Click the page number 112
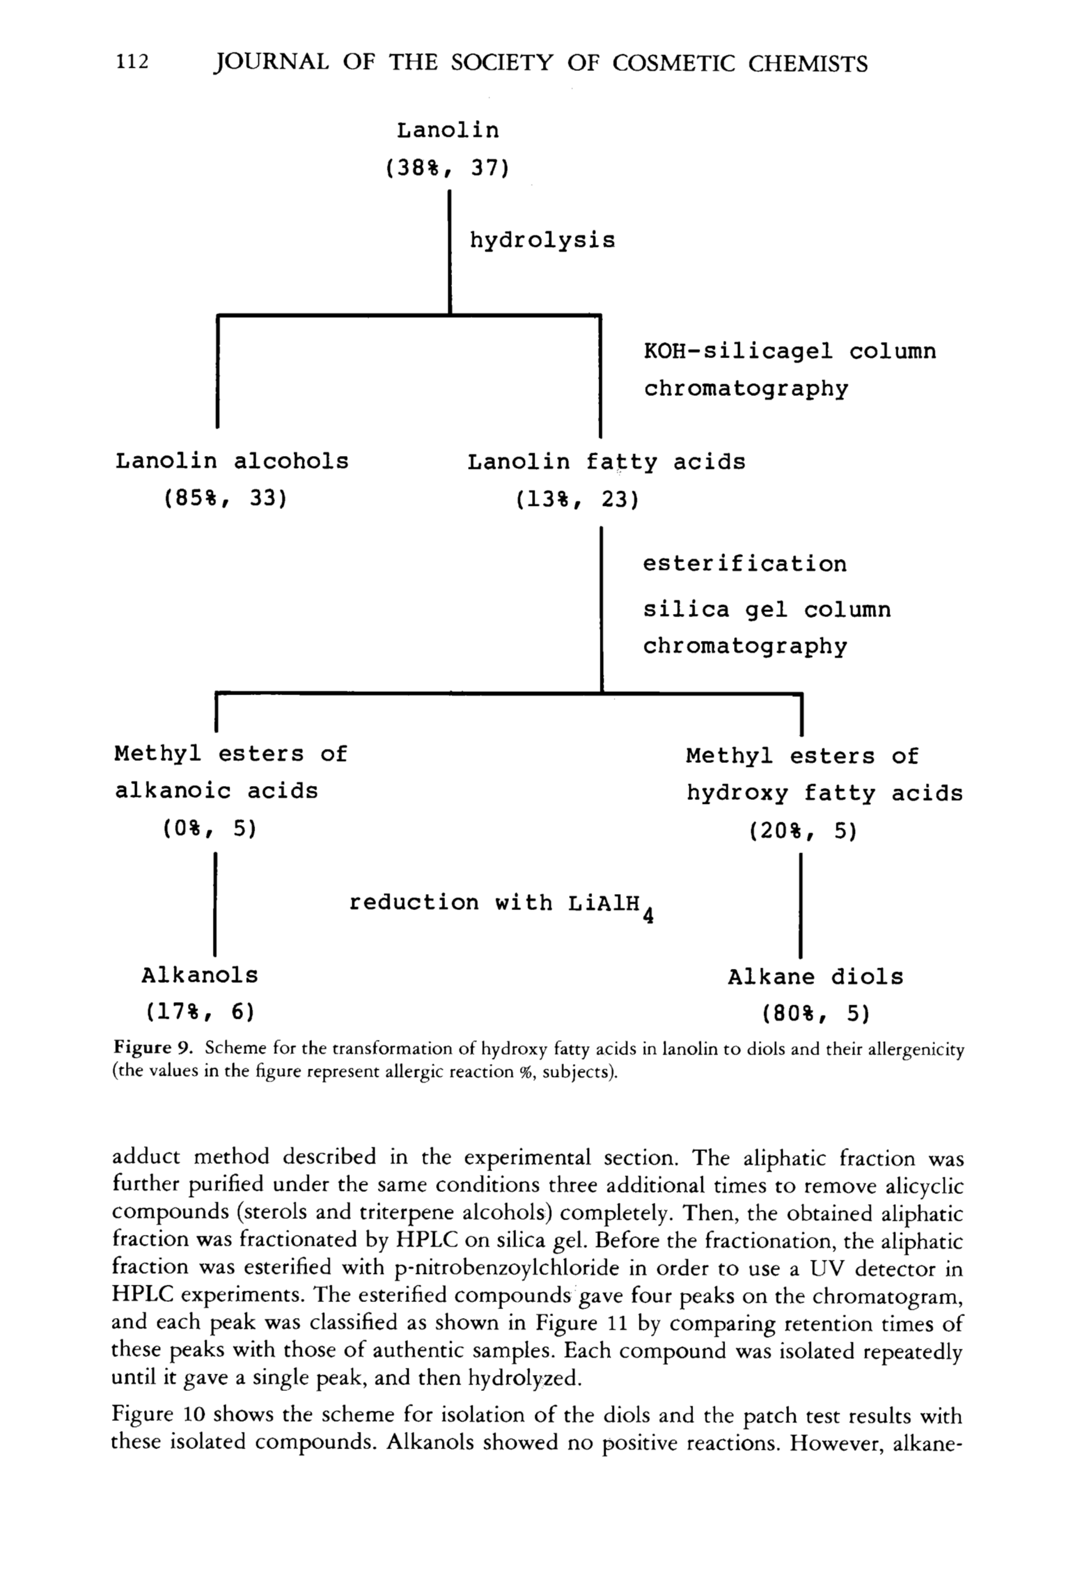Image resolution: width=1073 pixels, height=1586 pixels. pos(132,62)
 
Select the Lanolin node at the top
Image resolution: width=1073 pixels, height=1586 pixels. pos(448,130)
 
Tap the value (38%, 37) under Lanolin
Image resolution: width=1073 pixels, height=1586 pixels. pos(447,168)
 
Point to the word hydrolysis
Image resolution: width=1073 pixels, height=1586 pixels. pos(542,240)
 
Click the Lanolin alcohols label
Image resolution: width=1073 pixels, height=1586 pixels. pos(231,461)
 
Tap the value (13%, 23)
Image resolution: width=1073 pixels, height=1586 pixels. pos(577,500)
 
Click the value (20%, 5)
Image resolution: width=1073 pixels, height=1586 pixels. pos(802,831)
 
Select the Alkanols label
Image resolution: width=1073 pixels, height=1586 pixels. pos(200,975)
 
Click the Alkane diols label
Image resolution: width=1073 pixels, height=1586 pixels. pos(815,977)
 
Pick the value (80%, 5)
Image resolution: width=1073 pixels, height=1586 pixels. pos(816,1014)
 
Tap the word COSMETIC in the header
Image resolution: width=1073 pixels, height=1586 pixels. pos(672,63)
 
